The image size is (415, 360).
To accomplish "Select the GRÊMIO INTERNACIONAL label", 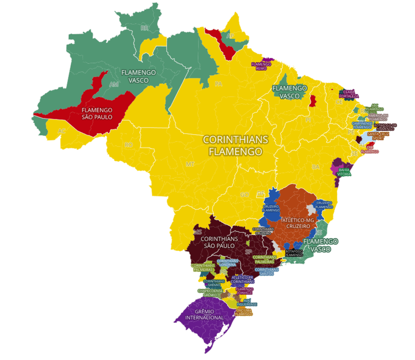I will (x=203, y=314).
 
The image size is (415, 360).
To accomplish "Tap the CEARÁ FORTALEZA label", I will (x=349, y=93).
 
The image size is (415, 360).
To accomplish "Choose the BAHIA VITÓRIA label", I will (x=344, y=172).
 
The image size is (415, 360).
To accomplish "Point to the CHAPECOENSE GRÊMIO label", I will (x=210, y=293).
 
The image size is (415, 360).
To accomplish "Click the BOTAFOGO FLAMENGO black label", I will (x=294, y=253).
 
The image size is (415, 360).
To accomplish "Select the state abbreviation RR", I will (x=144, y=28).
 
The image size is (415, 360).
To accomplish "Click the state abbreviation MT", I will (x=190, y=164).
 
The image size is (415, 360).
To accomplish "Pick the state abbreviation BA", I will (x=316, y=167).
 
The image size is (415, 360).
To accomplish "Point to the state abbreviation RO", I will (x=128, y=145).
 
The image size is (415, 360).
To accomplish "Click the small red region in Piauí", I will (x=313, y=101).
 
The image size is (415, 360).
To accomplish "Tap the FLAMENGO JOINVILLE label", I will (x=245, y=291).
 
